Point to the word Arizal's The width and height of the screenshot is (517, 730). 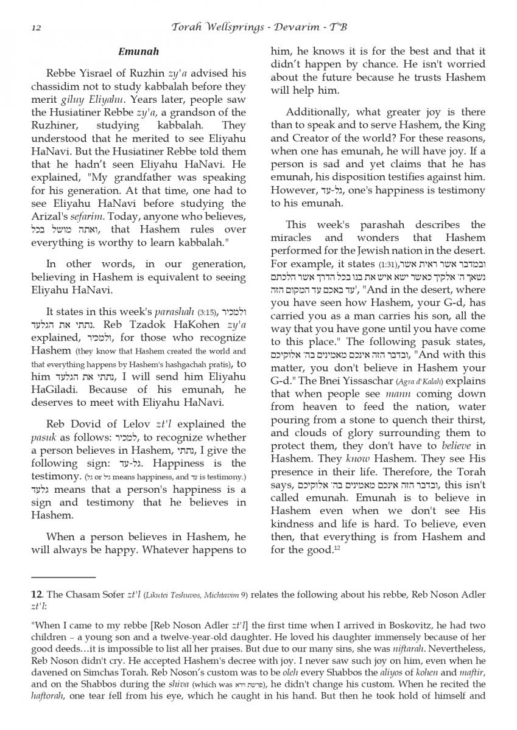click(49, 217)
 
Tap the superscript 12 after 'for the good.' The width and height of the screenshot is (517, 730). click(336, 549)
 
